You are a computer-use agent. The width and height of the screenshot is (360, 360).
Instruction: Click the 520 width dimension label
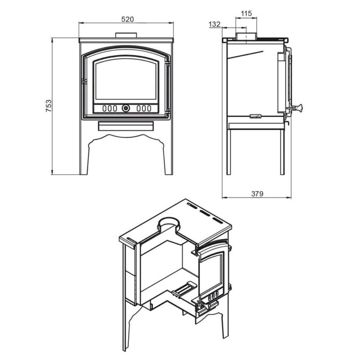(127, 19)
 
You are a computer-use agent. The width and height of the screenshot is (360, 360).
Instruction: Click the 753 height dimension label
(49, 106)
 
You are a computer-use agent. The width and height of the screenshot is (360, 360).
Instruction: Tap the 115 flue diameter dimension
(246, 13)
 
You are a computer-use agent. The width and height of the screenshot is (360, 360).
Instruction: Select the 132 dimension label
(215, 24)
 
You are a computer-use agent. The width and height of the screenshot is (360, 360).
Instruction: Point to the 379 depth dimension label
(257, 194)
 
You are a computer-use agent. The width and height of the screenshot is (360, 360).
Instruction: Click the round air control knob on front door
(126, 108)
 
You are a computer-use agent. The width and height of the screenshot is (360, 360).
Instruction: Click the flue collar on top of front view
(126, 36)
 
